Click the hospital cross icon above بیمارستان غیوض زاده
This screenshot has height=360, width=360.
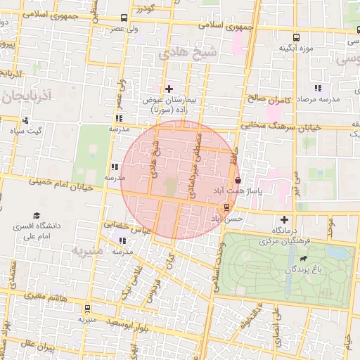[168, 89]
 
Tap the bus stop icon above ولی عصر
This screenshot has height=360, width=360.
[124, 18]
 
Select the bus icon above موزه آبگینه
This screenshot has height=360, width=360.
[297, 37]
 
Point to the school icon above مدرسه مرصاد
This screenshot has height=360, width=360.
[318, 89]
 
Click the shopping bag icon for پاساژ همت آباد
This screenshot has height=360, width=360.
[237, 179]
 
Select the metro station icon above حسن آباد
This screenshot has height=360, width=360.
[226, 207]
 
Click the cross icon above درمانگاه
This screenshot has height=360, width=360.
[284, 220]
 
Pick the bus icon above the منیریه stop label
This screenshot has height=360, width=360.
[87, 308]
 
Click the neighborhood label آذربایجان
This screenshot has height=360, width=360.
[27, 94]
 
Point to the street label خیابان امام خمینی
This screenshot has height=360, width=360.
[62, 185]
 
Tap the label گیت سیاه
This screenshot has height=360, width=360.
[30, 131]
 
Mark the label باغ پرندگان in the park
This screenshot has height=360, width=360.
[307, 269]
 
